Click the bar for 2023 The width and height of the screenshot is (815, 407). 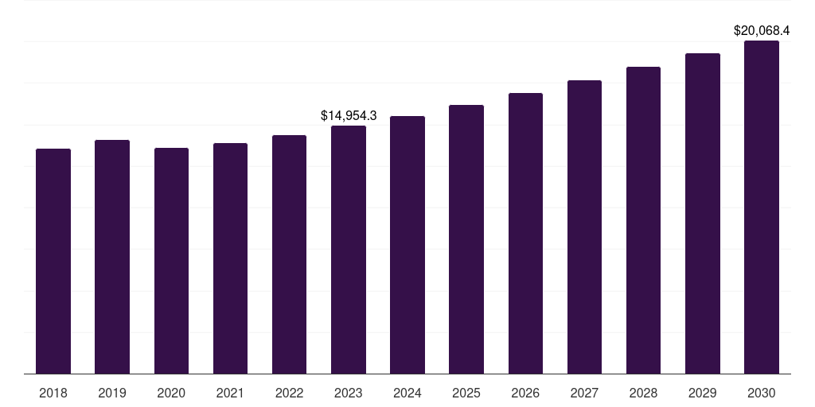pyautogui.click(x=349, y=250)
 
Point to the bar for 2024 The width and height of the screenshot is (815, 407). pyautogui.click(x=407, y=245)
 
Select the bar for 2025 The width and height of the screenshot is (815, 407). pyautogui.click(x=466, y=239)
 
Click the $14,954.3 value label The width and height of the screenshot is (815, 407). pyautogui.click(x=349, y=115)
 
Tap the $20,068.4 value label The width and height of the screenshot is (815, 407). pyautogui.click(x=762, y=31)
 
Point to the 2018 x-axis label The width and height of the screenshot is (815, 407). pyautogui.click(x=53, y=393)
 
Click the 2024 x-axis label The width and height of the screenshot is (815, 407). pyautogui.click(x=407, y=393)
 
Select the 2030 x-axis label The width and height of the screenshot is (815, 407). pyautogui.click(x=762, y=393)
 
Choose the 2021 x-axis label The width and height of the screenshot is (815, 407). pyautogui.click(x=230, y=393)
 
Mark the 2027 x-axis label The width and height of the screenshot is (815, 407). pyautogui.click(x=584, y=393)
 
